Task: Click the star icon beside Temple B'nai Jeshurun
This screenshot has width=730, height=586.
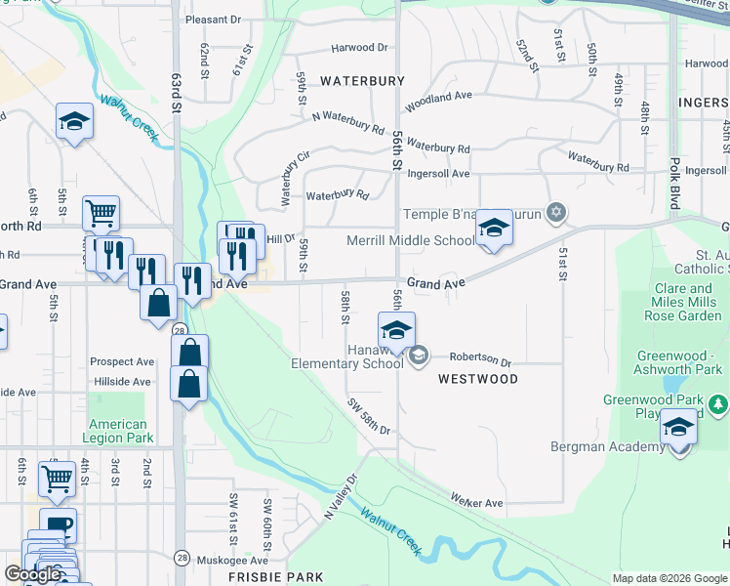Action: [556, 212]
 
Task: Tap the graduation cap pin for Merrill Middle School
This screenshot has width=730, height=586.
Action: [494, 230]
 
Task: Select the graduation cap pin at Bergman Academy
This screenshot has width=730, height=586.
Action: [678, 428]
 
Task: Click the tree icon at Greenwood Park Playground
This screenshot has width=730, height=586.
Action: [718, 403]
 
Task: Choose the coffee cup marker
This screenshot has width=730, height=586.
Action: [58, 525]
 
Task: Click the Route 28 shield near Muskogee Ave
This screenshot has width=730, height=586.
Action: [182, 557]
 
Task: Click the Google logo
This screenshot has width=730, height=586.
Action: [32, 574]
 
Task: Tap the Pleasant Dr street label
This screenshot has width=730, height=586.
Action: [213, 20]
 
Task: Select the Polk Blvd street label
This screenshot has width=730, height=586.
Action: [674, 176]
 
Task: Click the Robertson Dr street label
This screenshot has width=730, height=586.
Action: [480, 360]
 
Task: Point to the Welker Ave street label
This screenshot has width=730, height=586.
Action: [476, 502]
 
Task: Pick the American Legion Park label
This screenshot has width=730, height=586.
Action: [118, 431]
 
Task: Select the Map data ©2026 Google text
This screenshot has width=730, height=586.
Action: [669, 578]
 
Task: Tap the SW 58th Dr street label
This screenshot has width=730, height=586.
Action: [369, 418]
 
